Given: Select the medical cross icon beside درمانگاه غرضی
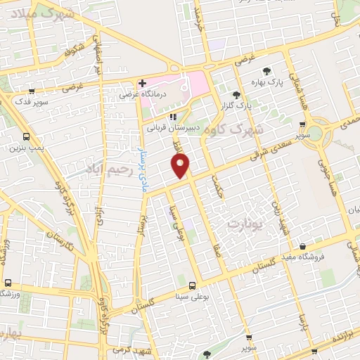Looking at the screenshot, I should pyautogui.click(x=143, y=84).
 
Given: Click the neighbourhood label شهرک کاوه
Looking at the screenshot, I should pyautogui.click(x=256, y=130).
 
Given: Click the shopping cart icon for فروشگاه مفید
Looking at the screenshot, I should pyautogui.click(x=302, y=246).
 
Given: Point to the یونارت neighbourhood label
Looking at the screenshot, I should pyautogui.click(x=244, y=221).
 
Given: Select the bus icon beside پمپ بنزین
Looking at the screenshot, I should pyautogui.click(x=26, y=137).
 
